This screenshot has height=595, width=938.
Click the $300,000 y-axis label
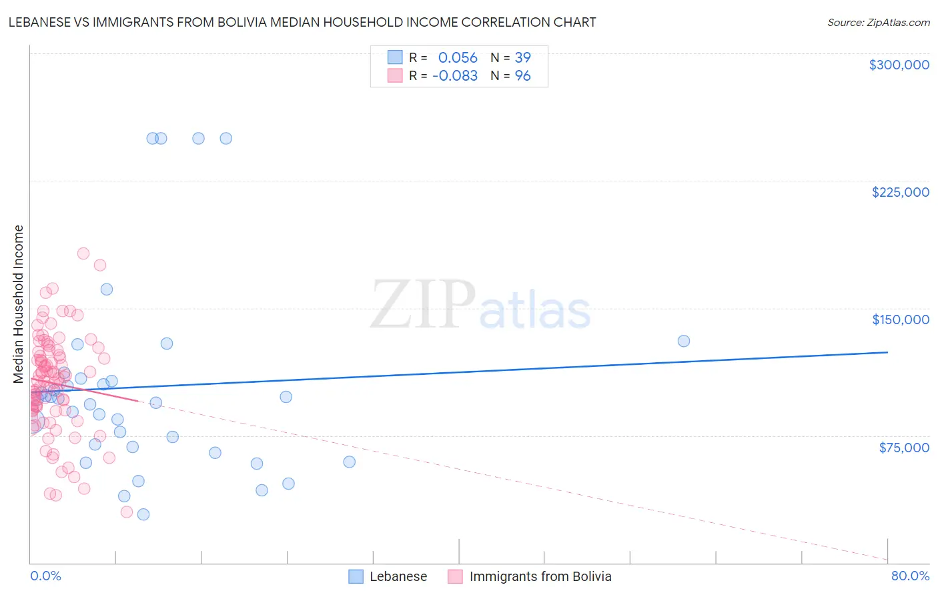pyautogui.click(x=899, y=65)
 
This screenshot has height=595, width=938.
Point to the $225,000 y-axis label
pyautogui.click(x=900, y=192)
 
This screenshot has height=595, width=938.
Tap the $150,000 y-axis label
pyautogui.click(x=900, y=320)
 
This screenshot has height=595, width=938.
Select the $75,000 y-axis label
pyautogui.click(x=903, y=448)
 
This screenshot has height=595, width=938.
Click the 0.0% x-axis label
pyautogui.click(x=45, y=576)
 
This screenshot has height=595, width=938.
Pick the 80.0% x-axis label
pyautogui.click(x=910, y=576)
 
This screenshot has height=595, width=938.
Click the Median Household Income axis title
pyautogui.click(x=19, y=304)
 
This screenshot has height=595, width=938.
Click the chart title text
pyautogui.click(x=302, y=22)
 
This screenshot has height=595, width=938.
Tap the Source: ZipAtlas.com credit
pyautogui.click(x=878, y=23)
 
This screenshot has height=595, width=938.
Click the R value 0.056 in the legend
pyautogui.click(x=458, y=58)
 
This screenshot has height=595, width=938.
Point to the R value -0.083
pyautogui.click(x=455, y=76)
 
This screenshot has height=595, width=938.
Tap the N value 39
pyautogui.click(x=522, y=58)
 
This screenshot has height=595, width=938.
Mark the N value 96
pyautogui.click(x=522, y=76)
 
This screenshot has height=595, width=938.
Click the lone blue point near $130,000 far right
pyautogui.click(x=684, y=341)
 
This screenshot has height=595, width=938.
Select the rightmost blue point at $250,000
pyautogui.click(x=226, y=139)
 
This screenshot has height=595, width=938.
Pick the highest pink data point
pyautogui.click(x=83, y=253)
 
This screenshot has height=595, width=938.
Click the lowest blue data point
pyautogui.click(x=143, y=514)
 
